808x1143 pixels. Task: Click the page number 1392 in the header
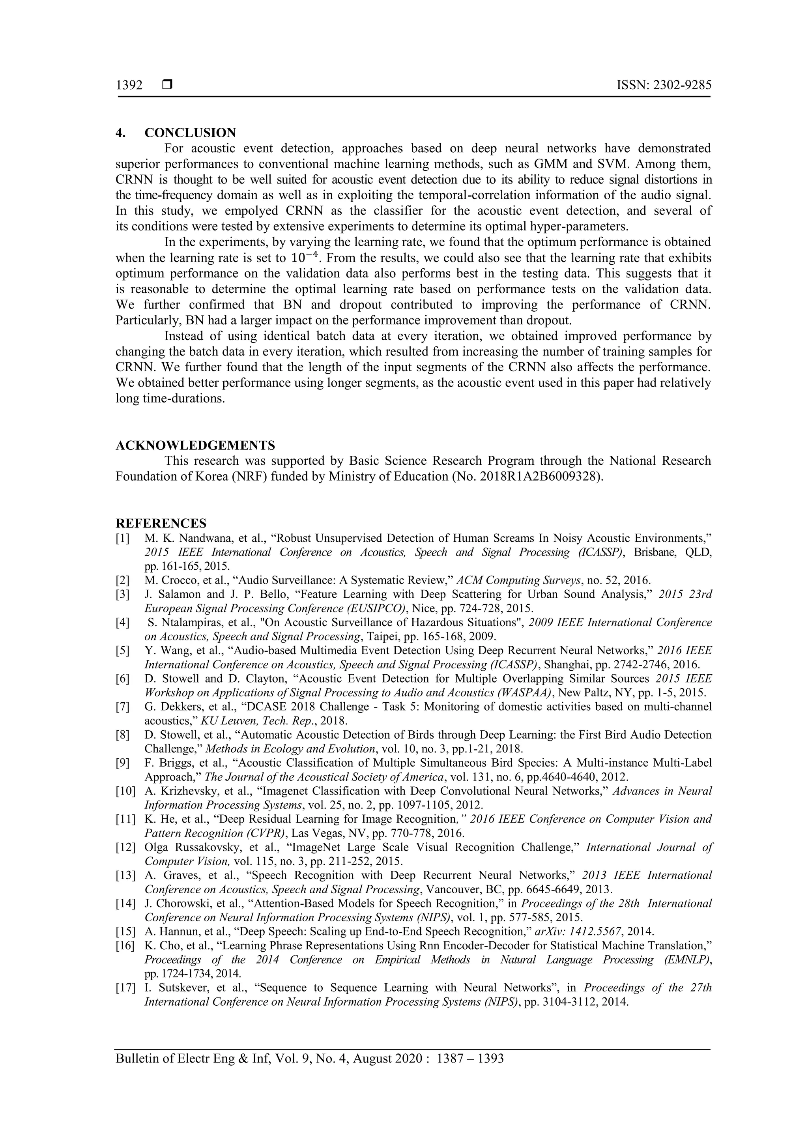pyautogui.click(x=129, y=86)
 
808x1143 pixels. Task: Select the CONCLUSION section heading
pyautogui.click(x=190, y=133)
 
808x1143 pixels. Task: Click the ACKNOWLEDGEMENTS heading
pyautogui.click(x=195, y=445)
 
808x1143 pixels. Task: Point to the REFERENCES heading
pyautogui.click(x=161, y=523)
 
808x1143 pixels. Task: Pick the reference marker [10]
pyautogui.click(x=125, y=791)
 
